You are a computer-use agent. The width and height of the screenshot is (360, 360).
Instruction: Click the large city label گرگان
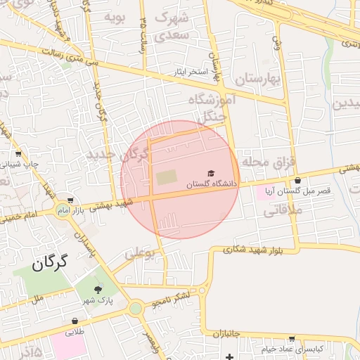[49, 264]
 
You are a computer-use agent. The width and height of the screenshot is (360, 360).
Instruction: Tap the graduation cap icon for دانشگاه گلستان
[210, 173]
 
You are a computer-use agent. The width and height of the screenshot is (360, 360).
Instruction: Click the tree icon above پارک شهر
[98, 289]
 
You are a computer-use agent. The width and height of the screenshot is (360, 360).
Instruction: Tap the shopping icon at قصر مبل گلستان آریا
[298, 181]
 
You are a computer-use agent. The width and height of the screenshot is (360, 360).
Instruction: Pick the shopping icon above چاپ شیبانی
[18, 153]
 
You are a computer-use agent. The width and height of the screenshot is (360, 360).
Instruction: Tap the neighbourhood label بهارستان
[258, 79]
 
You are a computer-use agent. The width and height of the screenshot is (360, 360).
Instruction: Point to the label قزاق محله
[266, 162]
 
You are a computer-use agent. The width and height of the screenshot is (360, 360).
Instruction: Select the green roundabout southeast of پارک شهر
[134, 308]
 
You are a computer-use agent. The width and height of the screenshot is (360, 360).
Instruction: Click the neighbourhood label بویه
[114, 16]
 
